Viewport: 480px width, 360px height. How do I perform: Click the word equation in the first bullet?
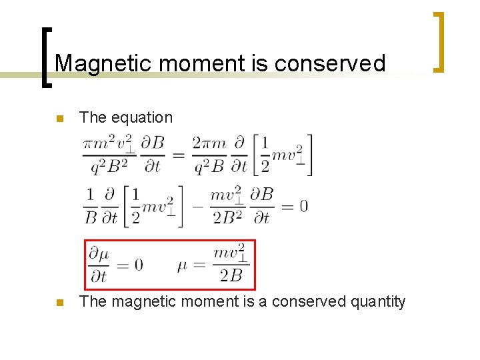tap(141, 117)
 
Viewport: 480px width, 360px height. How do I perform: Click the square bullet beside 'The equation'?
tap(59, 119)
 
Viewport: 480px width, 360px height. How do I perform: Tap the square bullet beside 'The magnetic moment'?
tap(59, 303)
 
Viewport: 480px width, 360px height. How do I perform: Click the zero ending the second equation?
tap(303, 207)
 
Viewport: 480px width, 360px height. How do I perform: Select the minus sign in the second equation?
tap(197, 207)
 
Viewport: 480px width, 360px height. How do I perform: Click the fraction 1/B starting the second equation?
tap(91, 207)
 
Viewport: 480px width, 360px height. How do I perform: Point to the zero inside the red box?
tap(138, 265)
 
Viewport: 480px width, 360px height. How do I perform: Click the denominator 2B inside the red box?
tap(231, 275)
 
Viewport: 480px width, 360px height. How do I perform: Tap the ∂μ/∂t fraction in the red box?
tap(99, 265)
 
